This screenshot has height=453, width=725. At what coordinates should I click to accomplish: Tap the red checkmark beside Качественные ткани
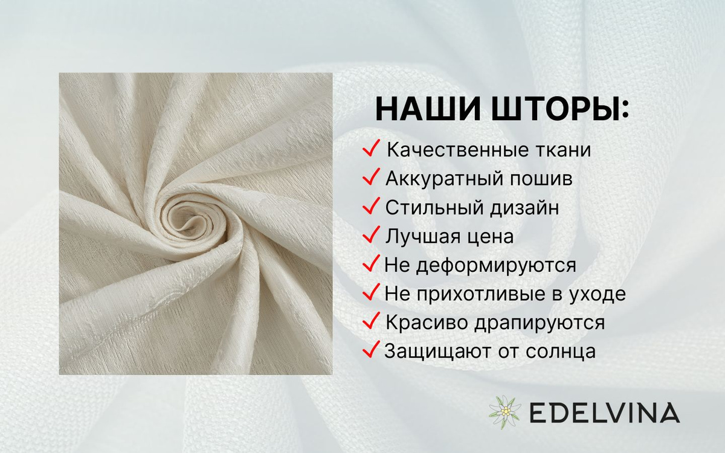(371, 148)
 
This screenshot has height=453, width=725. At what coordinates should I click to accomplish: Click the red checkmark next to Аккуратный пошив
(371, 176)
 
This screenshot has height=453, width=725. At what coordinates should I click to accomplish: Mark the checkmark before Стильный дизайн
(371, 206)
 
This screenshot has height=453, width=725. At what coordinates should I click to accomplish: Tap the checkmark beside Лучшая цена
(371, 234)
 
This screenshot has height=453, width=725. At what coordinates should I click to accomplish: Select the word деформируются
(496, 266)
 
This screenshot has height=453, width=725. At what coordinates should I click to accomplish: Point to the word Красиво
(427, 323)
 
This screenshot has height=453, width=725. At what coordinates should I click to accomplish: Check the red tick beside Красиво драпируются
(371, 321)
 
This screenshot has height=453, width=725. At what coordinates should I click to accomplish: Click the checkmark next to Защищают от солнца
(371, 349)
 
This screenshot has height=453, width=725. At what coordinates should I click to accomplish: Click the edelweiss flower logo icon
(504, 412)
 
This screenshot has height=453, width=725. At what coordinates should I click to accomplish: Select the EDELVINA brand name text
(605, 413)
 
